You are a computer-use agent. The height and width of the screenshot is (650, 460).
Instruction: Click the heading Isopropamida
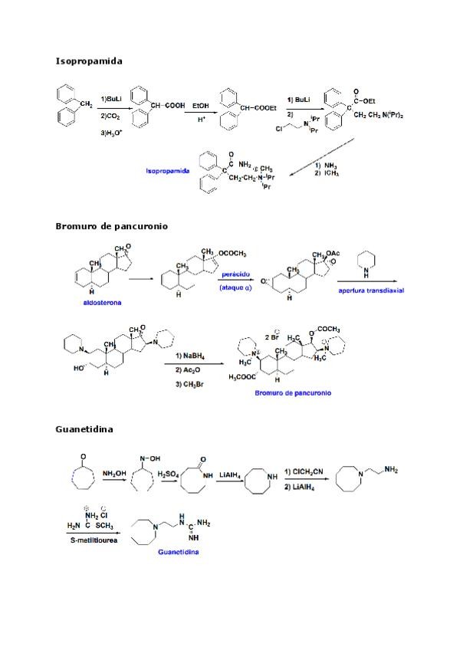pos(89,60)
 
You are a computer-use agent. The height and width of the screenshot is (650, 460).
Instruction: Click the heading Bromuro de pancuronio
pos(111,226)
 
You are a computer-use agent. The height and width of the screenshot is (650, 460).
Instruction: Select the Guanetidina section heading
pos(84,429)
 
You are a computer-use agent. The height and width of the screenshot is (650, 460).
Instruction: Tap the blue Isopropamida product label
pos(170,169)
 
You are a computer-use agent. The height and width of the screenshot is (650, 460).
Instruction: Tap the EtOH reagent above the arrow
pos(201,105)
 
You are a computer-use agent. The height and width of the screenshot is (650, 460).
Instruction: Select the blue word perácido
pos(235,274)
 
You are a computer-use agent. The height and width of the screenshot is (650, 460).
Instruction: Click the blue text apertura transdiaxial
pos(371,291)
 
